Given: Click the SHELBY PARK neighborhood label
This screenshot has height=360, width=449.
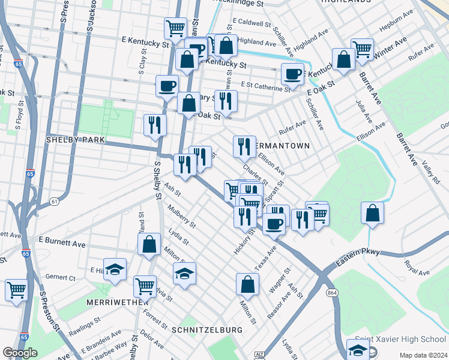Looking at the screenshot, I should pos(76,139).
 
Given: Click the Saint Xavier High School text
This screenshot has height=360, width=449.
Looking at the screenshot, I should pos(400,340).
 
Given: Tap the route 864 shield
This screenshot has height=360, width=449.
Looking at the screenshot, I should pos(331,292).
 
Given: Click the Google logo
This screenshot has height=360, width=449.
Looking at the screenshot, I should pos(20,353).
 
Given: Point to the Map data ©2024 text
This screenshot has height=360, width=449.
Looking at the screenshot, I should pos(423,355).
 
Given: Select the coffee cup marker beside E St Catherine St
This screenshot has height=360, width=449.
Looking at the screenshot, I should pos(292,74).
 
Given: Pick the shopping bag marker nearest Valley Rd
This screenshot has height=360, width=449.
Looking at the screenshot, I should pos(372,212).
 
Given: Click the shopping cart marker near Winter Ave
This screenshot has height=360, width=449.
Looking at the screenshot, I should pos(363,49).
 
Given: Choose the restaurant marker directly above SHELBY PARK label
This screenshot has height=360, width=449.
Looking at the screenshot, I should pos(155,125).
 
